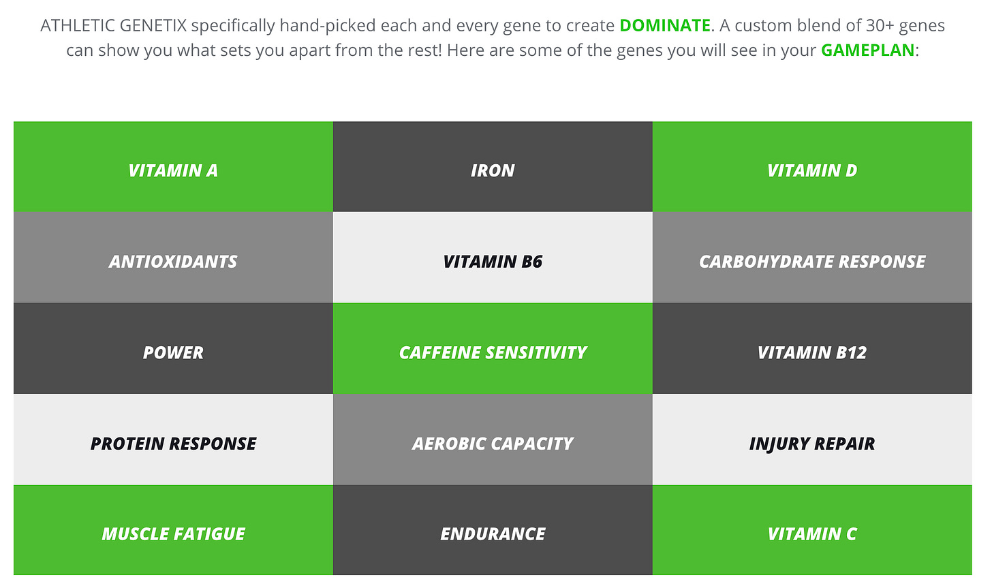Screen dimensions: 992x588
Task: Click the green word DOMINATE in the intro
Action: click(665, 26)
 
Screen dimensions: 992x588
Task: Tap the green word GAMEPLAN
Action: click(867, 50)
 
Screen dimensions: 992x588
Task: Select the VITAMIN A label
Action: click(173, 170)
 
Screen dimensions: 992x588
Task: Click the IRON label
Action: click(493, 170)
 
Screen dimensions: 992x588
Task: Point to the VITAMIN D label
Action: click(811, 170)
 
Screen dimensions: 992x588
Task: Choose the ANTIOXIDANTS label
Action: click(173, 262)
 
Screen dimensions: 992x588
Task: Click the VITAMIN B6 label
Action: click(493, 262)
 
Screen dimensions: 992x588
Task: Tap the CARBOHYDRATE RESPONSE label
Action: click(811, 262)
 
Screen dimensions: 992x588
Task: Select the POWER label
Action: click(173, 353)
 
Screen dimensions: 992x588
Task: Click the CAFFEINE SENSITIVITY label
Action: click(493, 353)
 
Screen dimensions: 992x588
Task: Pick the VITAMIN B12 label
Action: click(811, 353)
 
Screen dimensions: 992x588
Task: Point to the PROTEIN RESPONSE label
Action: click(173, 444)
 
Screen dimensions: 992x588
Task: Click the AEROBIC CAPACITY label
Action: click(493, 444)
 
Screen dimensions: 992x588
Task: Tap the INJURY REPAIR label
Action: click(811, 444)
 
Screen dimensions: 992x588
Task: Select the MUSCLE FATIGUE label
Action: click(173, 534)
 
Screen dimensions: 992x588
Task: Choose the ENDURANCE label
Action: click(493, 534)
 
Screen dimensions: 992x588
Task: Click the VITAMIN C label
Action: click(811, 534)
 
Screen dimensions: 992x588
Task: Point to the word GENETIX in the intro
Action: click(153, 26)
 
